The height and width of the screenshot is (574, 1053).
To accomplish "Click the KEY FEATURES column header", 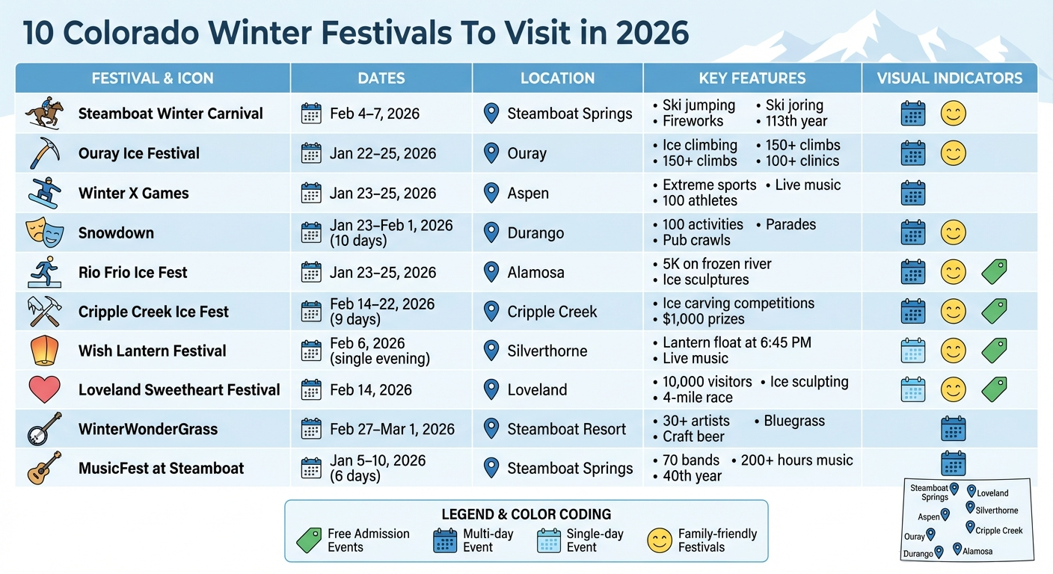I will (x=752, y=78).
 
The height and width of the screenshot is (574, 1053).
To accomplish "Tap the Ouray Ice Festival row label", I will (x=139, y=154).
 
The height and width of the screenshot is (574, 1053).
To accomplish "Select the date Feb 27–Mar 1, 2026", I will (x=392, y=429).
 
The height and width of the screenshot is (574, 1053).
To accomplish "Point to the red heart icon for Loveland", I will (x=43, y=389).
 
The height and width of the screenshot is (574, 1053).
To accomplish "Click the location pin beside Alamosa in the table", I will (x=491, y=272).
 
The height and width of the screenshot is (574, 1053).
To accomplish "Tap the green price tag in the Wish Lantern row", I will (x=994, y=351).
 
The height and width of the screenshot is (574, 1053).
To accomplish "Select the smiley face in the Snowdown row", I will (x=953, y=232).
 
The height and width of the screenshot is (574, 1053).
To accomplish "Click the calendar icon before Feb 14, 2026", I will (x=311, y=389).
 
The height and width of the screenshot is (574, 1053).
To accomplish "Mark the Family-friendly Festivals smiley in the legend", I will (x=660, y=540).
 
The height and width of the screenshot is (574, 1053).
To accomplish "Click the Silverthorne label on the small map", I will (x=996, y=510).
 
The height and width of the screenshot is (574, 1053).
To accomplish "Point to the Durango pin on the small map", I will (x=939, y=552).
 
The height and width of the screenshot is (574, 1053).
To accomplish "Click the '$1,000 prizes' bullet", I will (x=703, y=319).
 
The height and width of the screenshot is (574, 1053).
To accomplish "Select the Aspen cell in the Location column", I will (x=528, y=193).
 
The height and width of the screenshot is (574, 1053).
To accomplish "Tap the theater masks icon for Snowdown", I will (x=43, y=232).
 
